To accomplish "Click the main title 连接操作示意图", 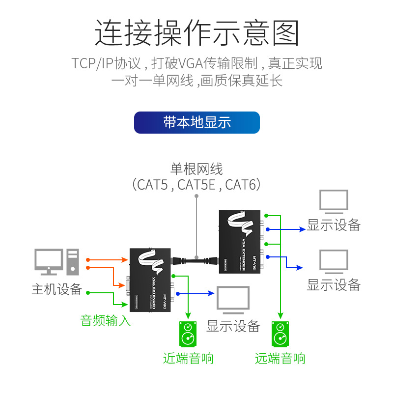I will (x=196, y=33).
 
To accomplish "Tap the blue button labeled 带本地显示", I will (x=196, y=122).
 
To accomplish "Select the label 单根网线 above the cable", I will (x=196, y=169).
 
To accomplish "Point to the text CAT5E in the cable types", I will (x=196, y=185).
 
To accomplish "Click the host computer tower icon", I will (x=73, y=261).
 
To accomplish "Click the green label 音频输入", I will (x=106, y=321).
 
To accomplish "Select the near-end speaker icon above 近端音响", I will (x=188, y=334).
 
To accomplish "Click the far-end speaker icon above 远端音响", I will (x=280, y=334).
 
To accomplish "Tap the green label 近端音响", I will (x=188, y=358).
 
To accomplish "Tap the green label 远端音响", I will (x=280, y=358).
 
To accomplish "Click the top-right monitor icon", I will (x=334, y=202).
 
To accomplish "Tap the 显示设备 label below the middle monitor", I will (x=233, y=326).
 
